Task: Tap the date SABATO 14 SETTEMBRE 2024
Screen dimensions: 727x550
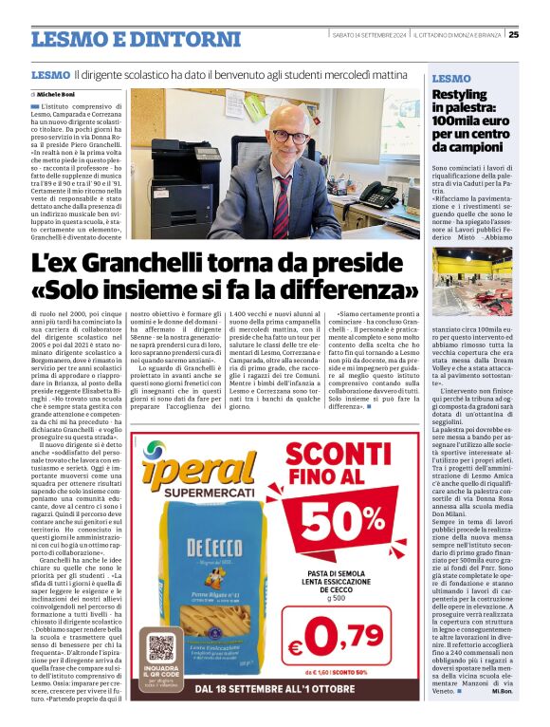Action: click(368, 35)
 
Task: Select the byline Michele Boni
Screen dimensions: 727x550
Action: click(56, 95)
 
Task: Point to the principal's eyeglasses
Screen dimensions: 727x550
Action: click(286, 136)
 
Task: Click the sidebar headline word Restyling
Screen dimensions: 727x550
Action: click(460, 95)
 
